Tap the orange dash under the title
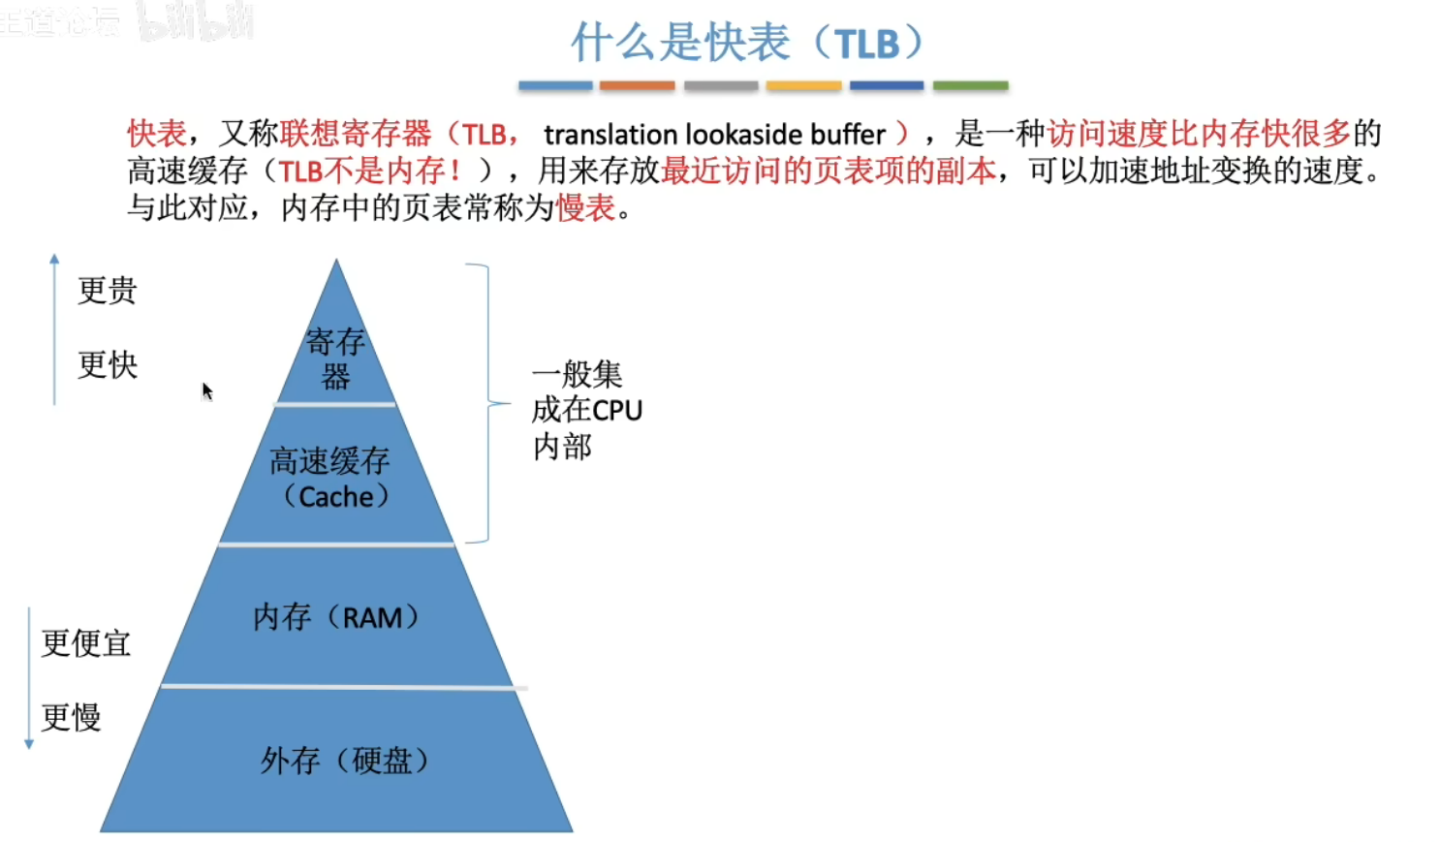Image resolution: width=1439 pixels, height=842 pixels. (637, 86)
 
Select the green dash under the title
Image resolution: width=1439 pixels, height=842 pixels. (970, 86)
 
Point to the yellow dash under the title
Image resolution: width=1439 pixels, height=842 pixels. (803, 86)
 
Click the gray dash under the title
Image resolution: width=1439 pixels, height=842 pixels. (721, 86)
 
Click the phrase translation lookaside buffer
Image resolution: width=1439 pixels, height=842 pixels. (714, 134)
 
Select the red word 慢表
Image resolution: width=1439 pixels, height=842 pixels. (585, 207)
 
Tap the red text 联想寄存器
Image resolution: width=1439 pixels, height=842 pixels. (356, 134)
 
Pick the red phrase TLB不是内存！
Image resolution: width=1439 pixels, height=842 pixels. (369, 171)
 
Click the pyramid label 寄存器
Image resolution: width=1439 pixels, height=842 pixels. (335, 359)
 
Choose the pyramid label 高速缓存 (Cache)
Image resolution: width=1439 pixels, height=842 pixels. (331, 478)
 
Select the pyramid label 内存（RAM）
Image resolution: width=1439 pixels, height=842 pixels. (335, 617)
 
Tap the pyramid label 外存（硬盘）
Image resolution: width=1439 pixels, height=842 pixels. (343, 761)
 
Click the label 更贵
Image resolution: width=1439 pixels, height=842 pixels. (108, 290)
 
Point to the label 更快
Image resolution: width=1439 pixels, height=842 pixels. (108, 365)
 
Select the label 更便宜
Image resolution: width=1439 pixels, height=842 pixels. (86, 643)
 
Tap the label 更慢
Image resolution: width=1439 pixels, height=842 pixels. (72, 718)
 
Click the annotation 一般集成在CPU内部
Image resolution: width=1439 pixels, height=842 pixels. (586, 410)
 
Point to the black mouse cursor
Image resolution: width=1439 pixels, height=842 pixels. (206, 390)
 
